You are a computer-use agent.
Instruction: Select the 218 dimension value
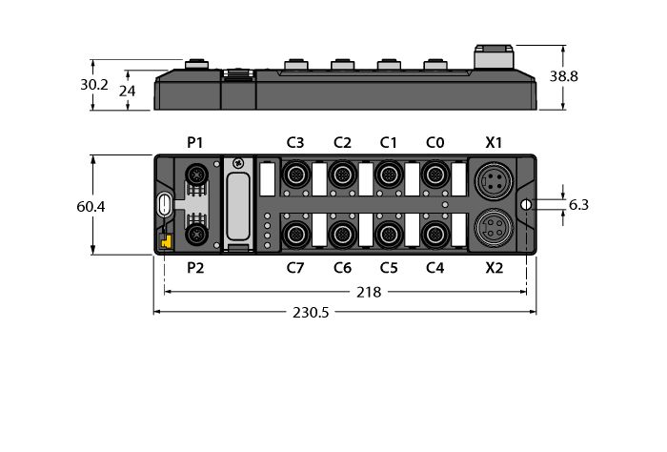[368, 293]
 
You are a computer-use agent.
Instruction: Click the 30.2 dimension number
[93, 84]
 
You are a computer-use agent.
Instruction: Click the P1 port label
[194, 143]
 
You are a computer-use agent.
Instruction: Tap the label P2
[194, 268]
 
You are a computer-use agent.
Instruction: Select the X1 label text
[494, 143]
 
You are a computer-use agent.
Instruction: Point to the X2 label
[494, 268]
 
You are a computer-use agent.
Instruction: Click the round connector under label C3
[295, 175]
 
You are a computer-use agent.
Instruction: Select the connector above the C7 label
[295, 233]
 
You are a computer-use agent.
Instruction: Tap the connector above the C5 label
[388, 233]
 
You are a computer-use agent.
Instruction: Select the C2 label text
[342, 143]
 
